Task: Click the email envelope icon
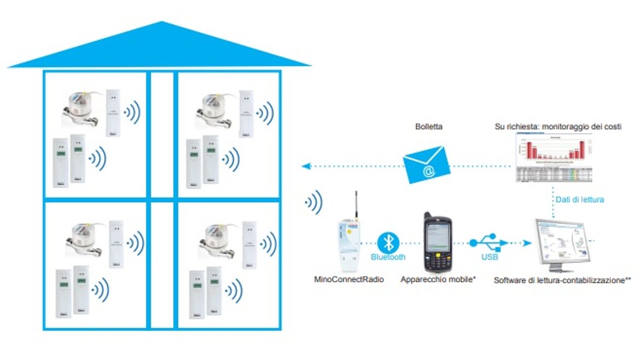click(x=427, y=165)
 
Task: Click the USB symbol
click(x=490, y=241)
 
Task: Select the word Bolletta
click(x=429, y=126)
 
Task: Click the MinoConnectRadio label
click(x=349, y=280)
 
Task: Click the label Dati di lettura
click(x=579, y=200)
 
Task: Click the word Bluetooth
click(x=388, y=257)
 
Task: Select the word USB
click(x=490, y=256)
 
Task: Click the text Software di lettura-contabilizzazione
click(x=562, y=280)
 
